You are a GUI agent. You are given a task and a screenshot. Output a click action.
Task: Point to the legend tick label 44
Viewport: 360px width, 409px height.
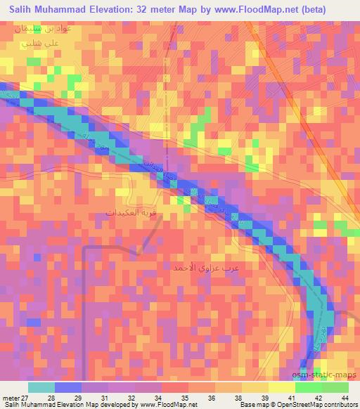coord(345,397)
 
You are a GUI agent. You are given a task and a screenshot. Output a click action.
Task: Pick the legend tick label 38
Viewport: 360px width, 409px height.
coord(239,397)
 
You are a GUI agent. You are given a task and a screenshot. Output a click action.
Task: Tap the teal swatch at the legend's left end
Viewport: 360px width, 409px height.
coord(41,387)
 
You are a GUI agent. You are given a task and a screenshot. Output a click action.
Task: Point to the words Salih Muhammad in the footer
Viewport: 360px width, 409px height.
coord(29,405)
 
